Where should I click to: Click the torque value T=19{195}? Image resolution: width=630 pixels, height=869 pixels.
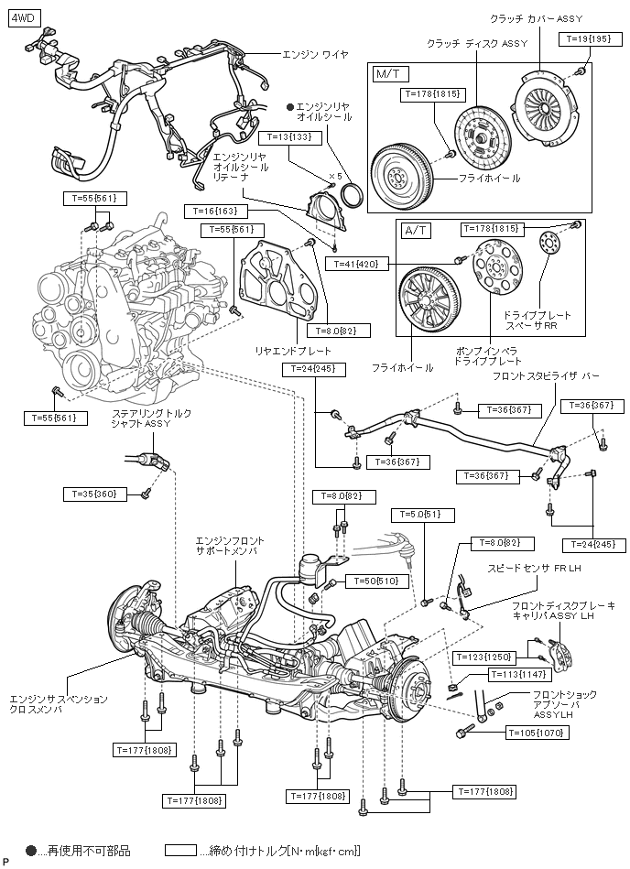[587, 38]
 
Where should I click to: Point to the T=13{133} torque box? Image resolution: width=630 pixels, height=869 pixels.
[289, 136]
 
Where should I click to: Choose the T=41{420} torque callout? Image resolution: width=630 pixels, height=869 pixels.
[357, 265]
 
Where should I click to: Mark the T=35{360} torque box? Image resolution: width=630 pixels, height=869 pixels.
[95, 494]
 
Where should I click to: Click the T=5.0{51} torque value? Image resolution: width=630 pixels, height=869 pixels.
[423, 515]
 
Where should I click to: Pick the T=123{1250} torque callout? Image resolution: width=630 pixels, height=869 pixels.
[484, 657]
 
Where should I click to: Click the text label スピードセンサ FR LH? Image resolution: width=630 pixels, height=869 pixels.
[534, 568]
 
